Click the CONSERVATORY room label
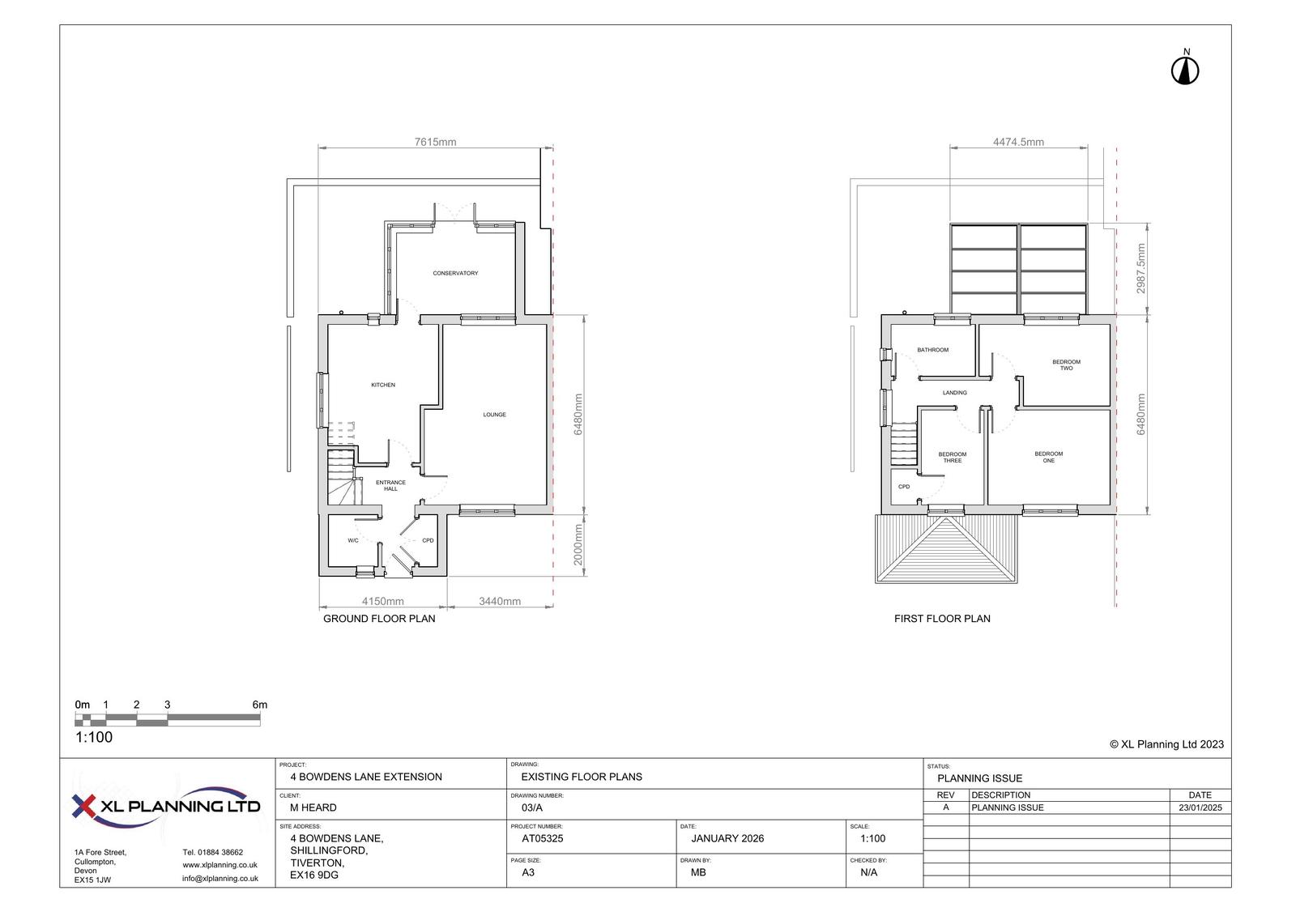(455, 273)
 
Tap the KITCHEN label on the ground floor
(383, 385)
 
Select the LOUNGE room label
(495, 415)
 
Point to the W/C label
(353, 540)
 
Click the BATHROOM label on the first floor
(932, 350)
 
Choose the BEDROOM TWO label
(1066, 365)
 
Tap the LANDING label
(955, 393)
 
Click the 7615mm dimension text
(435, 142)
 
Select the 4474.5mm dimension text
(1018, 142)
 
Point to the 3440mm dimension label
(500, 601)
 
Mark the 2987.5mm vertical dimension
(1141, 269)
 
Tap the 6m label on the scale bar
(260, 705)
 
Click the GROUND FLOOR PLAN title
(379, 619)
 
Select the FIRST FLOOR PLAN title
(942, 619)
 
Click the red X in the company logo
(83, 806)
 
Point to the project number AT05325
(542, 838)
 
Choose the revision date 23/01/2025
(1200, 807)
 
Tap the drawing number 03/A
(531, 807)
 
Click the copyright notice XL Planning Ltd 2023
(1166, 745)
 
